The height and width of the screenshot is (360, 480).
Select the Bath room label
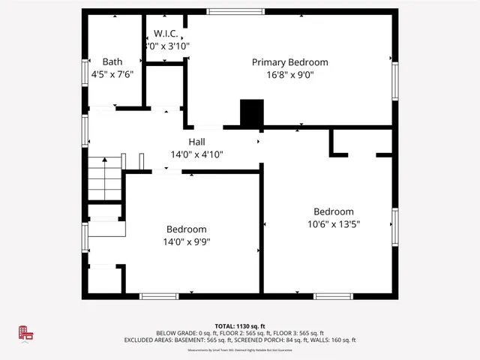[x=112, y=62]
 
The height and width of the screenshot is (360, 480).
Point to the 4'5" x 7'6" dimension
[x=112, y=75]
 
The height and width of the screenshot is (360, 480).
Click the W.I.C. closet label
[x=165, y=34]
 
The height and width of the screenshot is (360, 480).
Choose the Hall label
[x=196, y=142]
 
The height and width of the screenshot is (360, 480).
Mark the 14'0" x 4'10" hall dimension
[x=196, y=154]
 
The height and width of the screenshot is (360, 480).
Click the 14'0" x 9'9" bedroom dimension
[x=186, y=242]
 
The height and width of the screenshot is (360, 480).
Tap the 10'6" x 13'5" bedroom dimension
[x=334, y=224]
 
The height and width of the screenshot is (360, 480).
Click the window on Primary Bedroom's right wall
[x=394, y=81]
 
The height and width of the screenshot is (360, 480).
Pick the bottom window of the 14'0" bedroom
[x=159, y=296]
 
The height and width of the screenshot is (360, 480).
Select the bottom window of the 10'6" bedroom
[x=333, y=296]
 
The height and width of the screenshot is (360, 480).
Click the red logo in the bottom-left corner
[x=27, y=334]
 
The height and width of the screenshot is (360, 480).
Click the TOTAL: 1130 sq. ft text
[x=240, y=326]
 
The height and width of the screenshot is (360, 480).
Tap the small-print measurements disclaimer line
[x=240, y=349]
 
